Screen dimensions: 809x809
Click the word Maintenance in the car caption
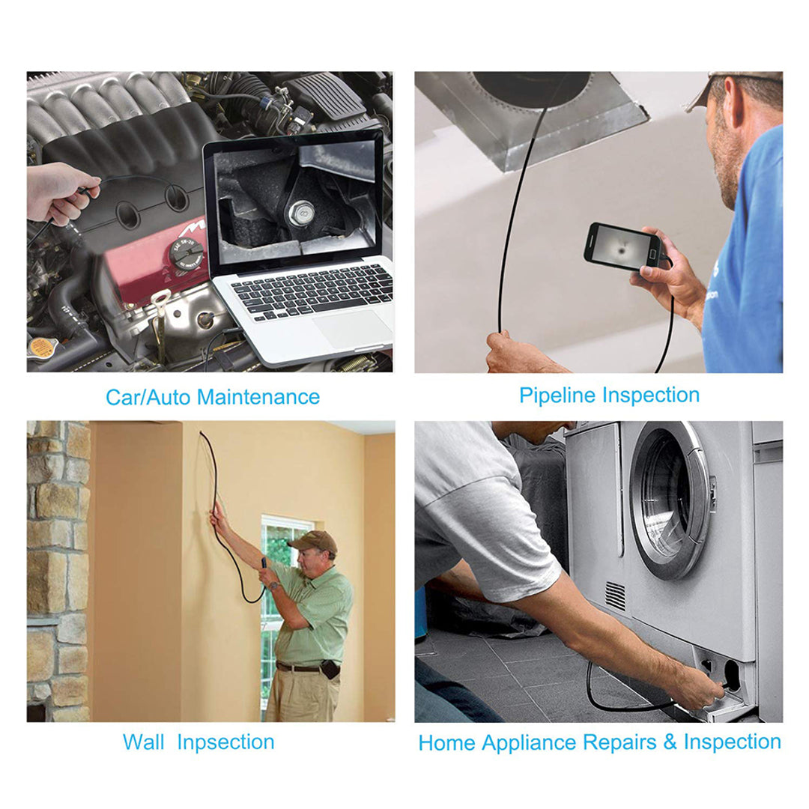click(x=258, y=397)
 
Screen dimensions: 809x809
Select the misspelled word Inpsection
click(x=225, y=742)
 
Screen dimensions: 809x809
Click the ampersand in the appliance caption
click(x=670, y=742)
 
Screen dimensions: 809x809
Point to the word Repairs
click(x=619, y=743)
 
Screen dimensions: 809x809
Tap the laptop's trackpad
click(x=351, y=329)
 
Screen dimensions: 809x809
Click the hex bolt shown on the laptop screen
click(x=301, y=212)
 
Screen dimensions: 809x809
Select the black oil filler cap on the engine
click(x=185, y=253)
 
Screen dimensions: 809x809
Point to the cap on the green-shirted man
click(x=312, y=541)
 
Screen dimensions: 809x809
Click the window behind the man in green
click(x=281, y=593)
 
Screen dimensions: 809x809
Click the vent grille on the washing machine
click(x=614, y=596)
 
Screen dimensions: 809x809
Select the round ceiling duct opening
click(x=531, y=88)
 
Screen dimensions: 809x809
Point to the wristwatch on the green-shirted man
click(x=273, y=585)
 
